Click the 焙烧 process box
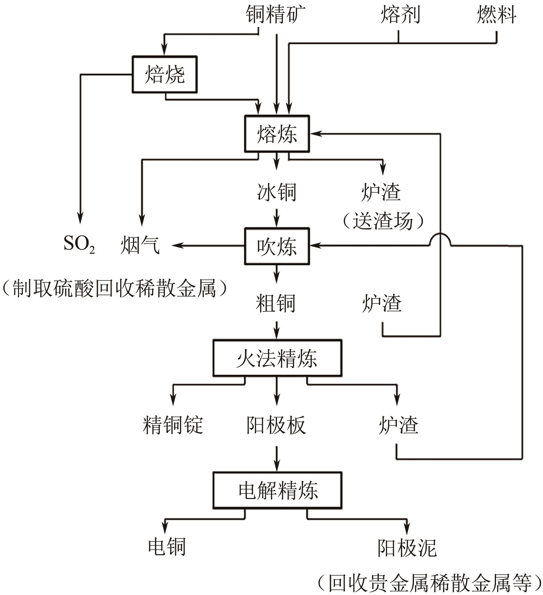(x=164, y=75)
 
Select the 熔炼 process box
(x=277, y=134)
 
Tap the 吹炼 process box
(x=277, y=246)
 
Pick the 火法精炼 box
(x=277, y=358)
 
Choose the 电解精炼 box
(x=277, y=490)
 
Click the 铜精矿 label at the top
(x=276, y=15)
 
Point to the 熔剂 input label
(x=400, y=15)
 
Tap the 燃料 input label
(x=496, y=15)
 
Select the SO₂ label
(x=79, y=245)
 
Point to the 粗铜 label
(x=276, y=303)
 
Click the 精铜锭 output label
(x=173, y=425)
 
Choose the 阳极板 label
(x=276, y=425)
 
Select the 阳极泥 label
(x=407, y=548)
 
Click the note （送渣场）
(x=383, y=221)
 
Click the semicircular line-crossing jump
(x=440, y=239)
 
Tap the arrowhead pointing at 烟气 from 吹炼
(x=177, y=246)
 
